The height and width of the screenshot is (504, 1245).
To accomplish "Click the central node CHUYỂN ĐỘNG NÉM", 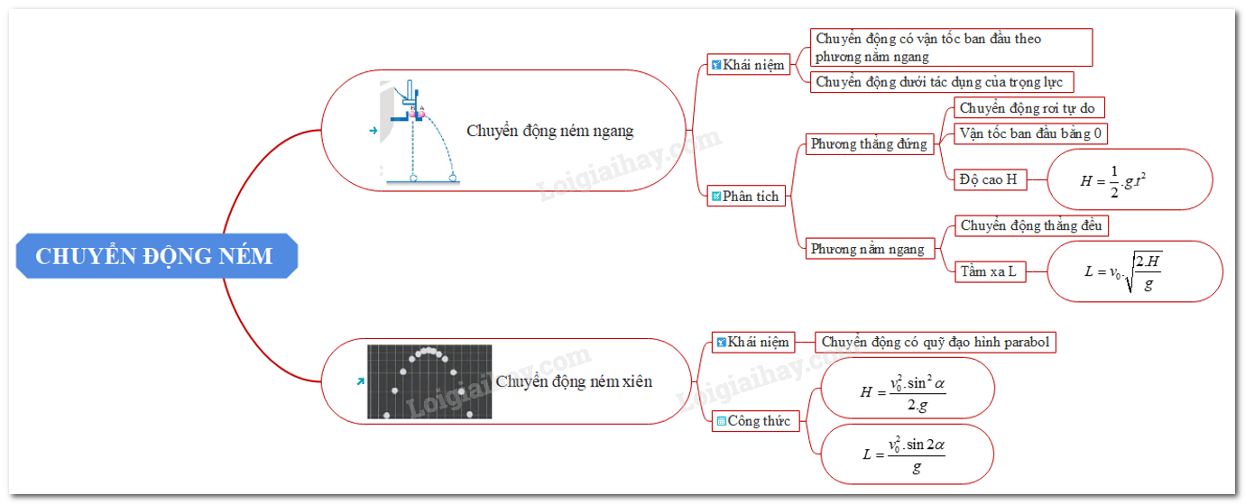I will point(155,256).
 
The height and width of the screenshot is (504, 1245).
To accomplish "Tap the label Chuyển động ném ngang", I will point(550,131).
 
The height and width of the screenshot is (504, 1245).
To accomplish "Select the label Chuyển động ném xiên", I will point(574,381).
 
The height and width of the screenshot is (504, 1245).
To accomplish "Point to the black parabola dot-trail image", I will point(429,381).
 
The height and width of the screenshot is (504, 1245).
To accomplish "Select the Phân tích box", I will point(745,196).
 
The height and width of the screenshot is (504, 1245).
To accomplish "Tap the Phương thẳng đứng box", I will point(869,144).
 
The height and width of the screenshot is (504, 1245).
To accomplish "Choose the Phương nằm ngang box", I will point(867,249).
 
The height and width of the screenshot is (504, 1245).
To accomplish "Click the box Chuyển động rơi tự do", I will point(1028,108).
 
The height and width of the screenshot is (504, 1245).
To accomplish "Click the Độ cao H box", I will point(988,179).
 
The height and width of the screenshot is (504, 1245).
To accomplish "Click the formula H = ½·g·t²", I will point(1130,179).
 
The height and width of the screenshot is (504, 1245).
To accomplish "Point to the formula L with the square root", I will point(1134,270).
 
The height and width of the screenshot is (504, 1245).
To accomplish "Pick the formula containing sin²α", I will point(907,392).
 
